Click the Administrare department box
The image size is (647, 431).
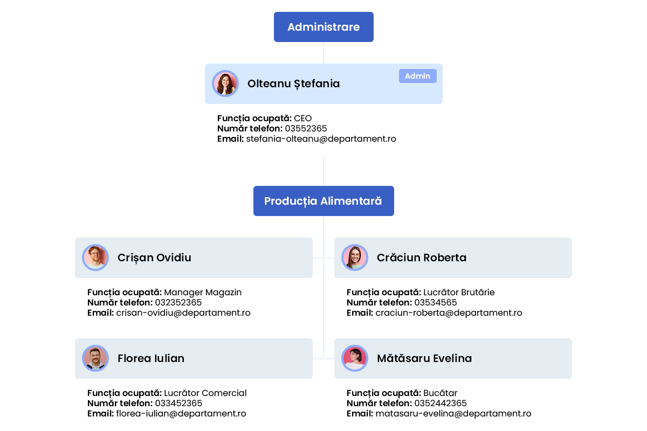[x=323, y=27]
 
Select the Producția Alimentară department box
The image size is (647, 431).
[x=323, y=201]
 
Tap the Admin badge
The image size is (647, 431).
[x=418, y=76]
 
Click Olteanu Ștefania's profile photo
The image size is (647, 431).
[x=225, y=84]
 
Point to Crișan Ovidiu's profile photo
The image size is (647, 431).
[x=95, y=258]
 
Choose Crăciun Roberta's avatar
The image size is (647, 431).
[x=355, y=258]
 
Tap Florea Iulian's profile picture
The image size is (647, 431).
[x=95, y=358]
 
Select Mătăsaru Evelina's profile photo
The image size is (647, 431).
[x=355, y=358]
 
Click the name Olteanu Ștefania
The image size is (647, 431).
[x=293, y=84]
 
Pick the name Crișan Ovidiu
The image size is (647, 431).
[x=154, y=258]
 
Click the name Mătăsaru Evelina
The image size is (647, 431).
[x=424, y=358]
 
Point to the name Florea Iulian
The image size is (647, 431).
[x=151, y=359]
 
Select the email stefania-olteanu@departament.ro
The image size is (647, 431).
[x=321, y=139]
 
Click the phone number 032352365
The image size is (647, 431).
[x=178, y=303]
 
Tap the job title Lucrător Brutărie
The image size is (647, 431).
[x=459, y=292]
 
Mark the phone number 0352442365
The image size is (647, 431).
[x=440, y=404]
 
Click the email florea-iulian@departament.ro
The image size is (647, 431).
[x=181, y=414]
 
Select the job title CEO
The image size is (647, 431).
[x=302, y=119]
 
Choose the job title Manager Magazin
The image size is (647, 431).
[x=203, y=293]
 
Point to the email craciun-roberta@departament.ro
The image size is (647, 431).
[x=449, y=313]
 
